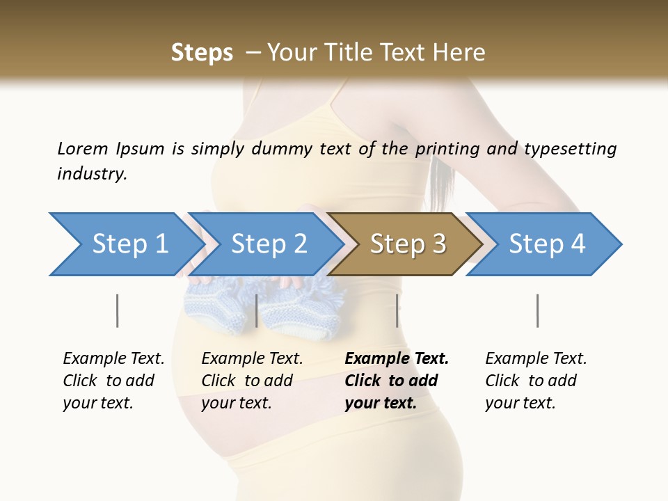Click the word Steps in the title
click(202, 52)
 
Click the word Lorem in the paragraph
click(82, 148)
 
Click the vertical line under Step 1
click(117, 310)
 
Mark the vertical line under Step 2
click(257, 310)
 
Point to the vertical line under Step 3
click(397, 310)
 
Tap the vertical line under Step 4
click(537, 310)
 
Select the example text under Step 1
click(113, 381)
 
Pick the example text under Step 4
click(536, 381)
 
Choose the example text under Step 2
click(252, 381)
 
